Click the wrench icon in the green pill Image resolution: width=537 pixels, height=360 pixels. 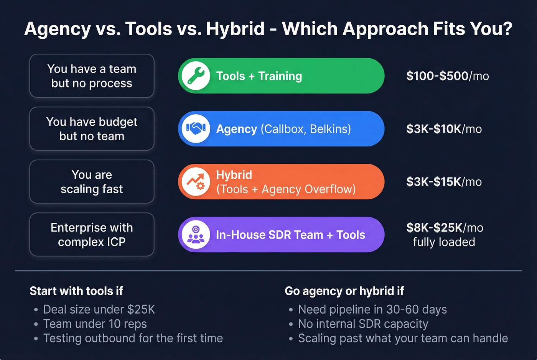[x=196, y=76]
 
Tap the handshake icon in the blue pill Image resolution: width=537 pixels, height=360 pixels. [x=196, y=129]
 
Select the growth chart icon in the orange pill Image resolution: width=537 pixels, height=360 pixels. [x=196, y=182]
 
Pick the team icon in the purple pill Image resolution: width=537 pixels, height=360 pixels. [x=196, y=235]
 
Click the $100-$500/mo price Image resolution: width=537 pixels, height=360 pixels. [x=447, y=76]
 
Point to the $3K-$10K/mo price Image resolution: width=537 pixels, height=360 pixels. [x=444, y=129]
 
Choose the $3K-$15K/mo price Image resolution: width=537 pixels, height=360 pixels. [x=444, y=182]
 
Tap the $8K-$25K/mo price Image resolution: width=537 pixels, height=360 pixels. [x=445, y=228]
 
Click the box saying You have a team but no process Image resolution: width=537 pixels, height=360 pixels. [x=92, y=76]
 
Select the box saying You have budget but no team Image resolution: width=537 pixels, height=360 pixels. [x=92, y=129]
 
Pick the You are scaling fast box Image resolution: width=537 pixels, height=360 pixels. [x=92, y=182]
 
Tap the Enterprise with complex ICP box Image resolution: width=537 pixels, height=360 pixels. [x=92, y=235]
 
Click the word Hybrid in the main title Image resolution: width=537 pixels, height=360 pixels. [x=235, y=29]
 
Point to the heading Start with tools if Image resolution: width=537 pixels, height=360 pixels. [x=76, y=291]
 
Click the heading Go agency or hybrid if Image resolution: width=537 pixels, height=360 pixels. [x=344, y=291]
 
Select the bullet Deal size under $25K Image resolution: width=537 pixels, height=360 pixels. [x=99, y=309]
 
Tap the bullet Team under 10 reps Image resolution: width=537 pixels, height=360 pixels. [x=95, y=324]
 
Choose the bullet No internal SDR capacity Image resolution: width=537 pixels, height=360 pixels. [x=363, y=324]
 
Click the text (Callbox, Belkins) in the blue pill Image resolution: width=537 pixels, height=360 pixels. [x=306, y=129]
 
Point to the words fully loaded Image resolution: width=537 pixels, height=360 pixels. [x=444, y=242]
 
